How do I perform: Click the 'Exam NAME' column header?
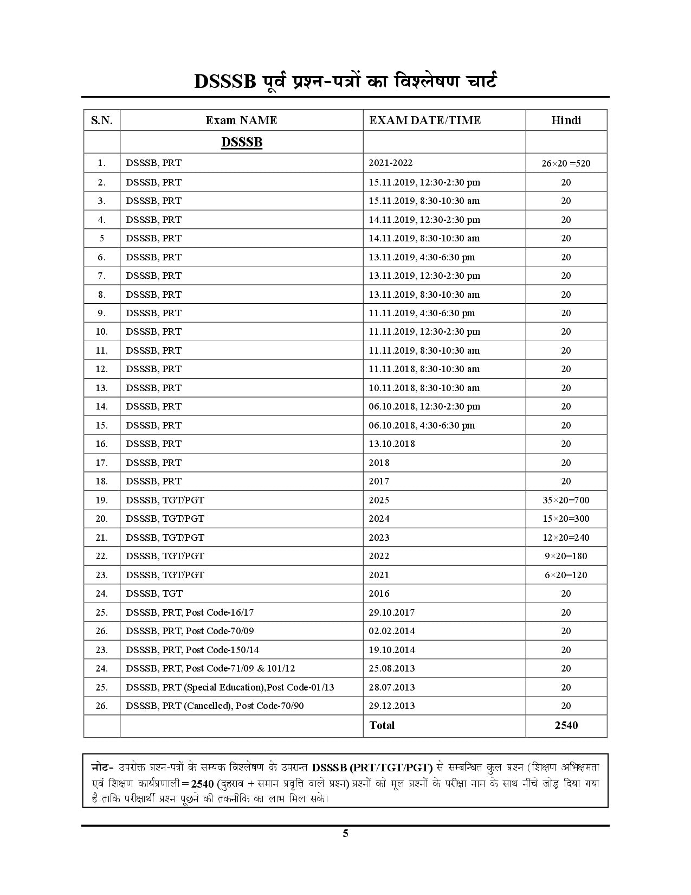coord(241,120)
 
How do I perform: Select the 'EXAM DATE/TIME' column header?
coord(425,120)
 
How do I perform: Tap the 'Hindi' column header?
coord(566,120)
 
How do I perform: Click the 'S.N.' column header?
coord(102,120)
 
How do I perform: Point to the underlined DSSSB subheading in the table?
coord(242,143)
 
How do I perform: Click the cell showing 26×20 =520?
coord(566,163)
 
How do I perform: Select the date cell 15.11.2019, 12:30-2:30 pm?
coord(424,182)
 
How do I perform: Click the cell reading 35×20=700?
coord(566,500)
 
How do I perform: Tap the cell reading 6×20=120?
coord(566,575)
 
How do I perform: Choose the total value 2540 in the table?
coord(566,726)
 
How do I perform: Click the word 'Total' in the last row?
coord(382,726)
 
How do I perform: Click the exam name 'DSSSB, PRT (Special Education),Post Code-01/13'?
coord(230,687)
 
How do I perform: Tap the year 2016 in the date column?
coord(379,593)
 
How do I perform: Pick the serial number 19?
coord(102,500)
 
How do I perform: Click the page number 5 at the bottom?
coord(345,834)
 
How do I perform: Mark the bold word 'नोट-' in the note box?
coord(102,768)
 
